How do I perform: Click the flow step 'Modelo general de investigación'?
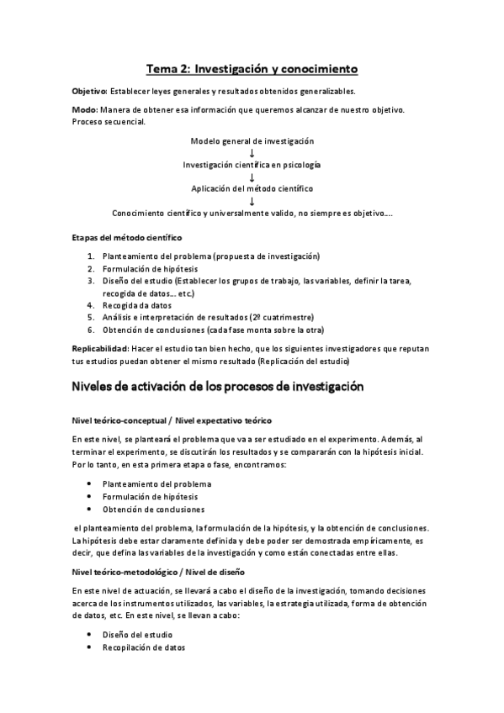tap(252, 140)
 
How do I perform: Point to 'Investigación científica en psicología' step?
tap(252, 165)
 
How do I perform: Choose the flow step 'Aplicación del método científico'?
tap(252, 188)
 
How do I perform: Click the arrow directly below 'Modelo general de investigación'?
tap(252, 153)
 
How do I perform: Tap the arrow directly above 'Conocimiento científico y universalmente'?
tap(252, 201)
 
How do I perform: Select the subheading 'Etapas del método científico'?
tap(126, 238)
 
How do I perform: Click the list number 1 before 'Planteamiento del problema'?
tap(92, 256)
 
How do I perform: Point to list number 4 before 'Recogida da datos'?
tap(92, 305)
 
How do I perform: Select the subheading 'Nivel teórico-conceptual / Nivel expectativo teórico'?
tap(172, 420)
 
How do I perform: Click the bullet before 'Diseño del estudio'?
tap(90, 634)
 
